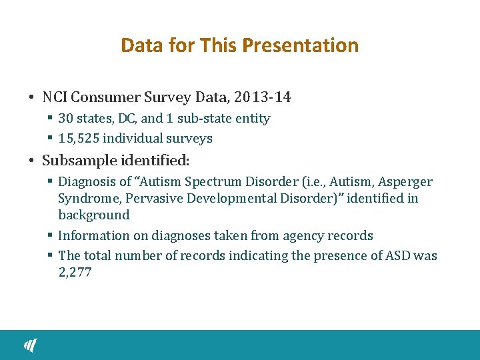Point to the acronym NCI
click(x=55, y=97)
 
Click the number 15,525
click(x=78, y=139)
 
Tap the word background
click(x=93, y=215)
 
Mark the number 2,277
click(x=75, y=272)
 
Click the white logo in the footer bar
click(x=31, y=345)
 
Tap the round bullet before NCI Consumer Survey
click(x=32, y=98)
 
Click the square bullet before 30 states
click(x=50, y=119)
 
